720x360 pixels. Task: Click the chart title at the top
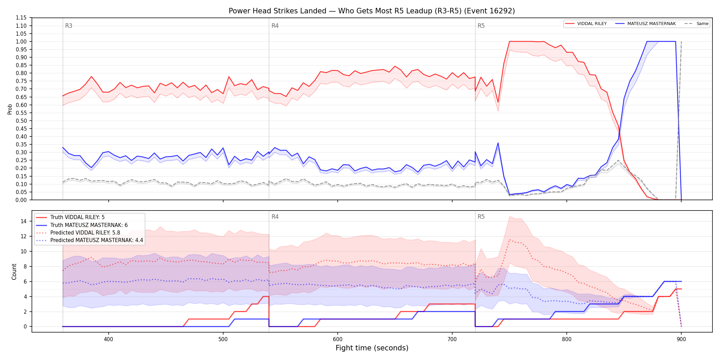coord(372,11)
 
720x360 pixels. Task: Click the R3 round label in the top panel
coord(69,26)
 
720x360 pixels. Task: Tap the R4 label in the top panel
coord(275,26)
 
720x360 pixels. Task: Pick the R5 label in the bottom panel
coord(481,217)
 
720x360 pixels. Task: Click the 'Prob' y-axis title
coord(10,109)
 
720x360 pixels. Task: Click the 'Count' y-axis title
coord(14,272)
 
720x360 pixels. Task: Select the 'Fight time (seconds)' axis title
coord(372,348)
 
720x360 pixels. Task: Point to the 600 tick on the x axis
coord(337,339)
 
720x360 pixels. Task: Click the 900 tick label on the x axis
coord(681,339)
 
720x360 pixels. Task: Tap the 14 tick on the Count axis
coord(24,221)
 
